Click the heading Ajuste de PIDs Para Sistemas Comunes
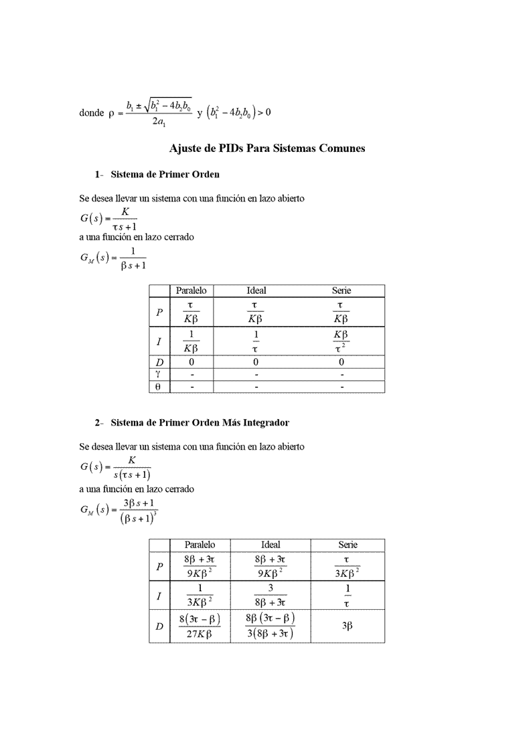pos(267,149)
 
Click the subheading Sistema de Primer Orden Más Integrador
pos(200,423)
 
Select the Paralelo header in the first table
pos(191,290)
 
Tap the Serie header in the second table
pos(348,545)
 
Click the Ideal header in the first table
pos(256,290)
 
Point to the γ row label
pos(159,374)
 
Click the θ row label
pos(159,387)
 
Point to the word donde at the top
pos(91,113)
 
